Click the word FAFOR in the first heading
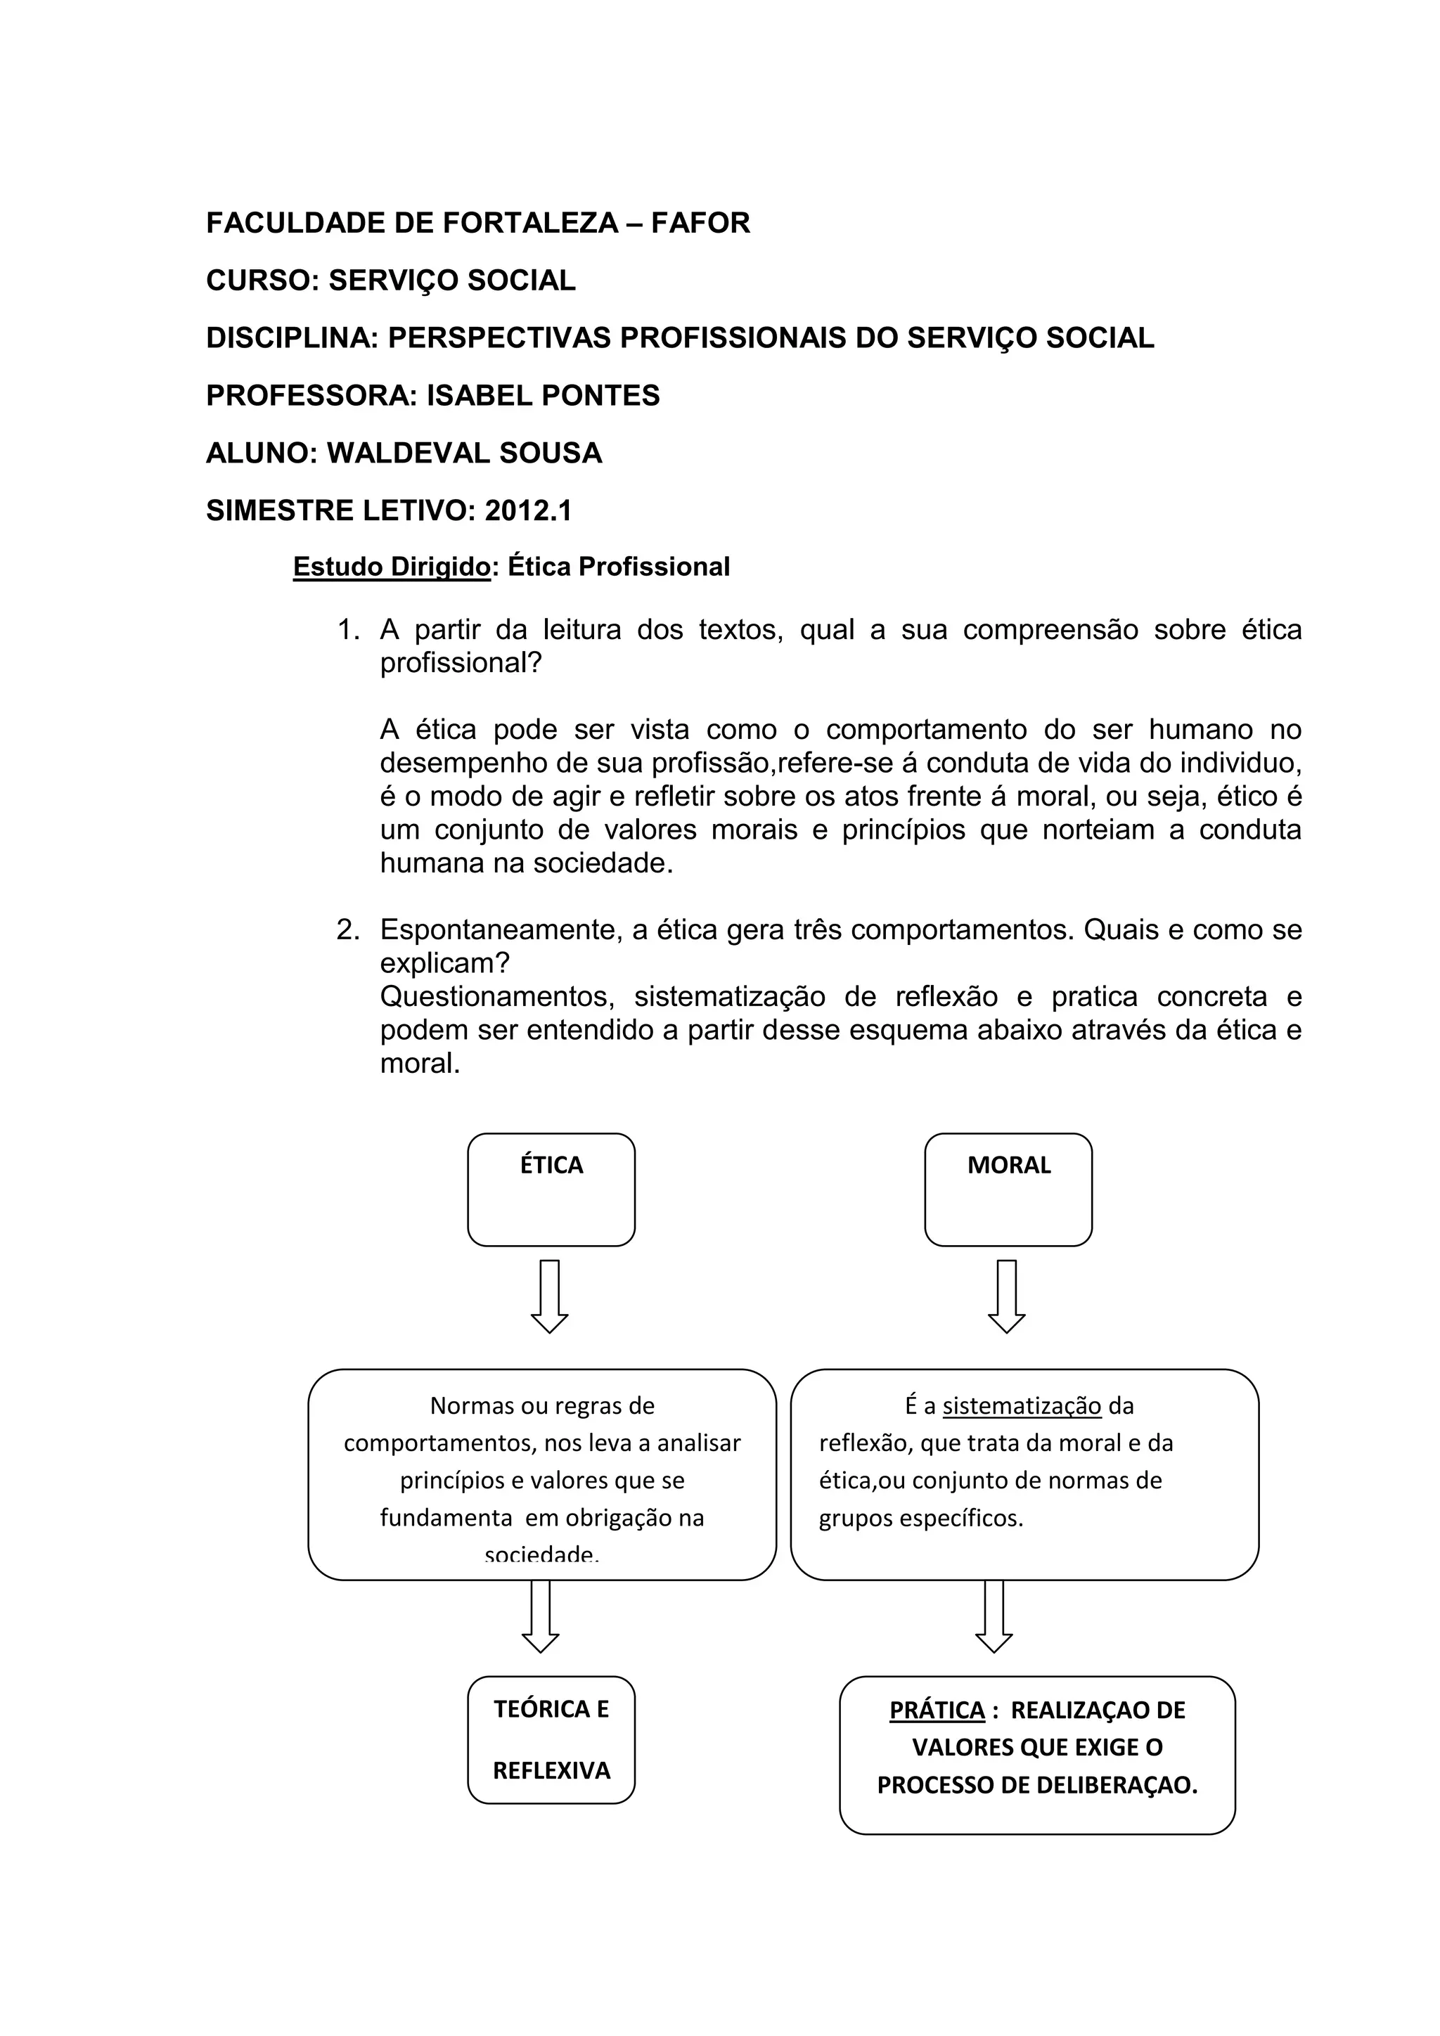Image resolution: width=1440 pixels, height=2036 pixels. tap(700, 223)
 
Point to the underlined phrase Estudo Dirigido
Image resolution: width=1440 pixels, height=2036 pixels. tap(392, 567)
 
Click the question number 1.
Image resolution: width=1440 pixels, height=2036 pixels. tap(347, 631)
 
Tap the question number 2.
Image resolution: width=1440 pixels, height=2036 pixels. tap(347, 930)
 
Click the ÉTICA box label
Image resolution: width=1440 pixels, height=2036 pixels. tap(551, 1164)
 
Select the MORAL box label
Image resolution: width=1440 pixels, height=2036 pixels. tap(1008, 1164)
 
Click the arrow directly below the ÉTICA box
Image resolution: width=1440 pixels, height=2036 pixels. tap(550, 1296)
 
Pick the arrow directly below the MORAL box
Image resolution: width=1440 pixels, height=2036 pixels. tap(1006, 1296)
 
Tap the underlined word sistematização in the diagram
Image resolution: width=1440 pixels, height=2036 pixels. tap(1022, 1405)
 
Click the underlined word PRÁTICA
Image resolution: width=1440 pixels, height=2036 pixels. tap(937, 1710)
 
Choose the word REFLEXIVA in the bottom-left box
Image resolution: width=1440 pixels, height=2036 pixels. tap(551, 1771)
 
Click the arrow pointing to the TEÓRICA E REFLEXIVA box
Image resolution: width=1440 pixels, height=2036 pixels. tap(541, 1616)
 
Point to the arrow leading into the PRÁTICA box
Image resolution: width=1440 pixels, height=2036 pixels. tap(994, 1616)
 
